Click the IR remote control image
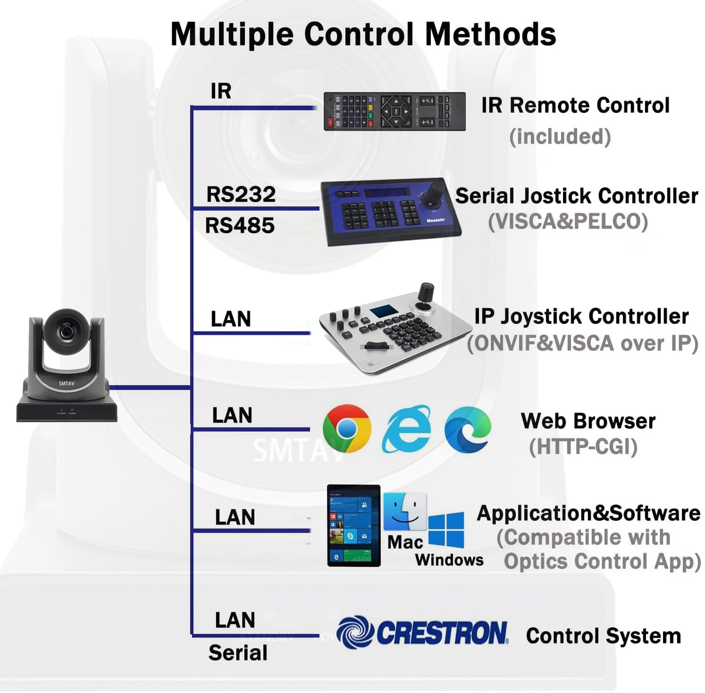click(394, 112)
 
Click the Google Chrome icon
click(346, 428)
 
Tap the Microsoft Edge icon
click(467, 429)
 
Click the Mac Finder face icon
click(404, 512)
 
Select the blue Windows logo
click(446, 530)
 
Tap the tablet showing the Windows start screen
click(353, 525)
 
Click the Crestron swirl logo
click(355, 632)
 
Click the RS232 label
click(241, 194)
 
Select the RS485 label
click(240, 225)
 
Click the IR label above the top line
click(221, 91)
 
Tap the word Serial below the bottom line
click(238, 652)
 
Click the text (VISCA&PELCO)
click(568, 222)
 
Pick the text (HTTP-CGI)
click(583, 447)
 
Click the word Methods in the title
click(490, 34)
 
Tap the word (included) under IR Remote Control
click(560, 137)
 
